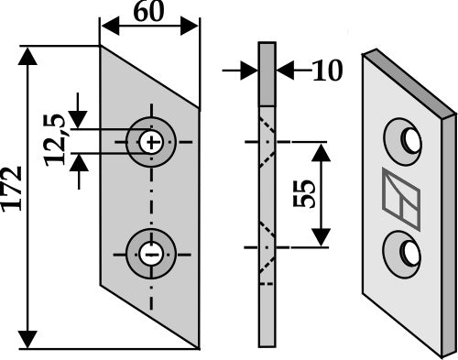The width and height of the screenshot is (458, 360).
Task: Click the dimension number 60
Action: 148,12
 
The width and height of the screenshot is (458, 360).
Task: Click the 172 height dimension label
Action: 12,189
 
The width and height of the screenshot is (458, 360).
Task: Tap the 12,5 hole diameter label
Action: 55,140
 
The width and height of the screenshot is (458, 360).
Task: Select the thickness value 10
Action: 327,71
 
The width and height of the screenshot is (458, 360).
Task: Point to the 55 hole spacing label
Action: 304,193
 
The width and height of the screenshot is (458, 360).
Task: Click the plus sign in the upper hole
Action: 151,142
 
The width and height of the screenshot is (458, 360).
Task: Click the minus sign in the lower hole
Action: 151,254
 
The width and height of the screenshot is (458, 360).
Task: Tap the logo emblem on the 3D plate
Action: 401,199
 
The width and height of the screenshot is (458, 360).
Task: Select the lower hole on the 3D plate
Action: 403,255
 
